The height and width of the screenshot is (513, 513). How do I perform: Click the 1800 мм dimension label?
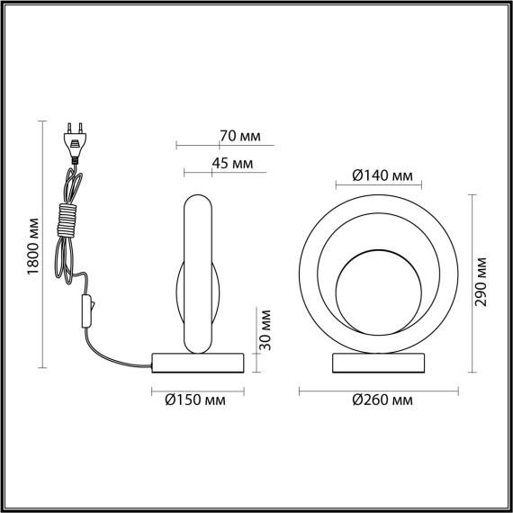pos(32,246)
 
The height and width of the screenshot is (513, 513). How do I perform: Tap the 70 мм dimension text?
pos(239,137)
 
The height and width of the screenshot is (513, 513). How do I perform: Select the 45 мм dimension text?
pos(233,163)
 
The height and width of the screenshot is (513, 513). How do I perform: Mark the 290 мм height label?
pos(482,282)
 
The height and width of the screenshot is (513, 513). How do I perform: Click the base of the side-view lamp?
pos(198,362)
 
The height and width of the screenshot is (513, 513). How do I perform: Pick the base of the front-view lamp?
pos(378,363)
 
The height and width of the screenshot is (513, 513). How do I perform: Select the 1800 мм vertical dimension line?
pos(42,246)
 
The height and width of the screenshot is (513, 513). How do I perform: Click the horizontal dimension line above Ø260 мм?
pos(378,389)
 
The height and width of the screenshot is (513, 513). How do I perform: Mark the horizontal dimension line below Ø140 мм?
pos(379,186)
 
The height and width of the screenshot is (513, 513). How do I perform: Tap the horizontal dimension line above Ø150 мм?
pos(198,389)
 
